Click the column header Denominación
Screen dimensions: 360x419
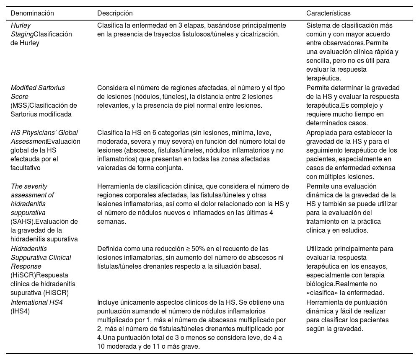(32, 13)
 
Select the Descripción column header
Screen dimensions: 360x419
(115, 13)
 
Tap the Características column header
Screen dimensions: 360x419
(328, 13)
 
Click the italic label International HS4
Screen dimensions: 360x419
(36, 302)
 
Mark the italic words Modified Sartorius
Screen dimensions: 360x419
(38, 88)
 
